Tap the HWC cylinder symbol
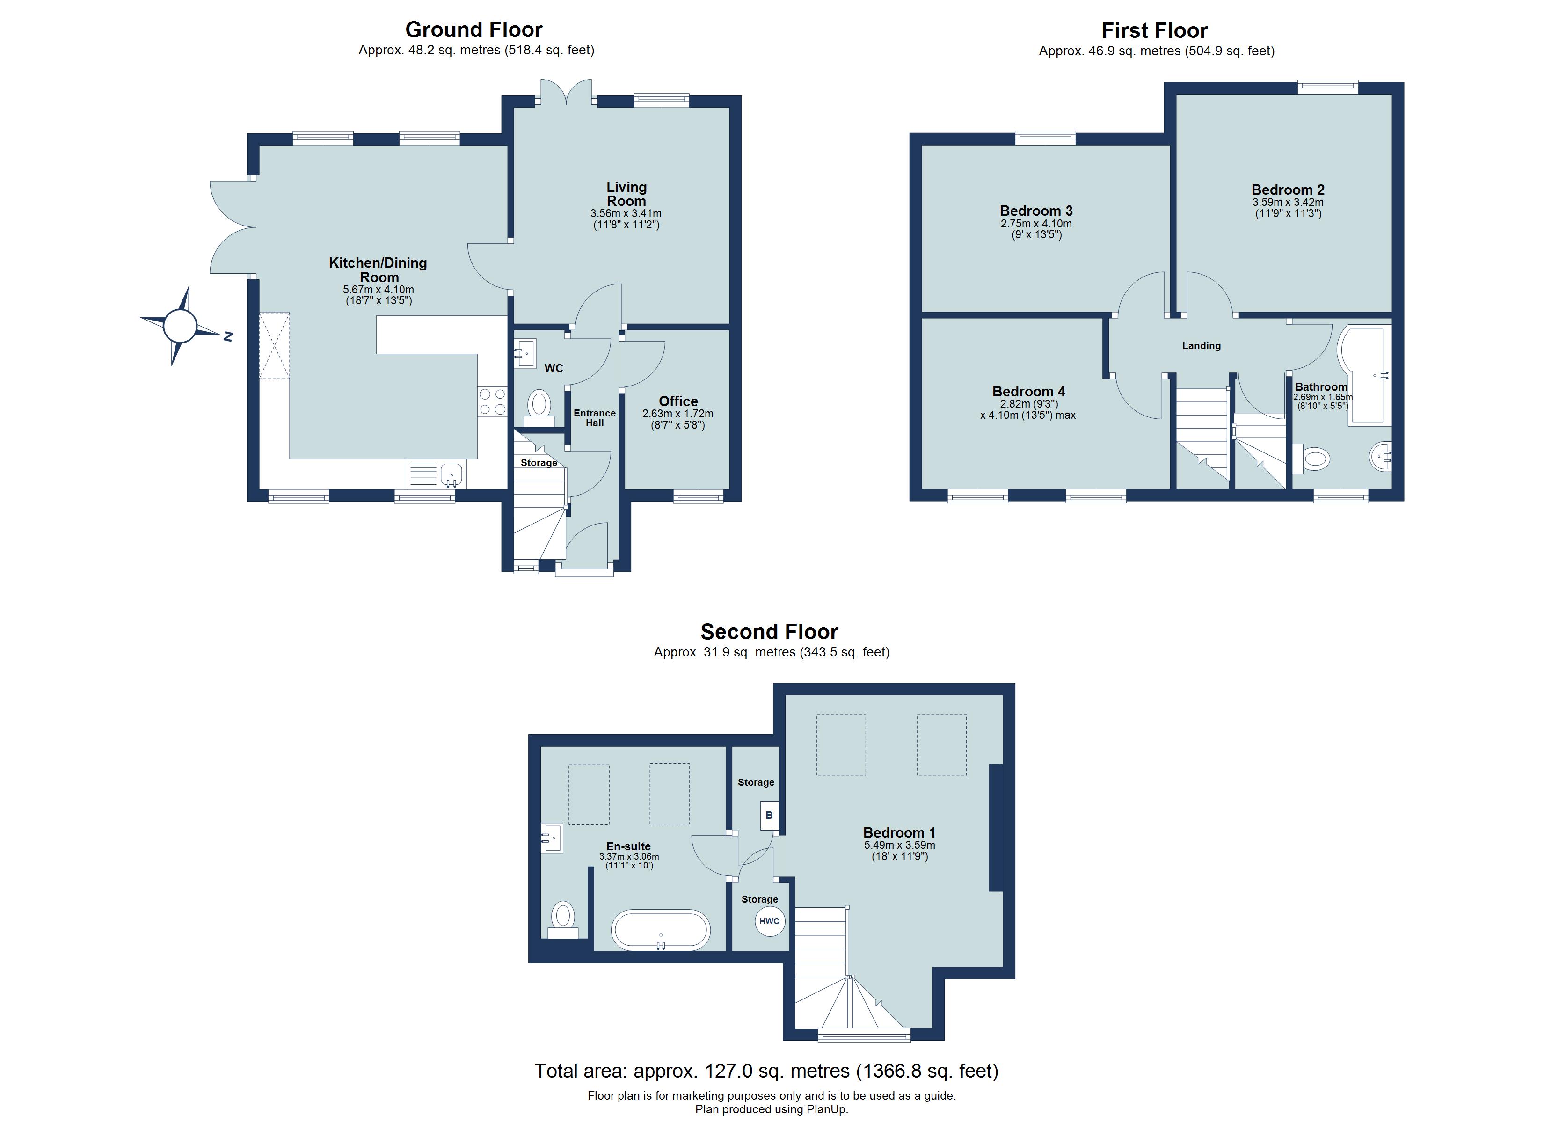point(769,921)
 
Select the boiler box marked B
point(769,815)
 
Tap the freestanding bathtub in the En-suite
point(660,930)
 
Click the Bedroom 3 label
point(1036,211)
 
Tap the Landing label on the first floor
point(1201,346)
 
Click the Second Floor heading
point(769,632)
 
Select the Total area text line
point(766,1071)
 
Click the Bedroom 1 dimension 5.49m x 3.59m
point(899,845)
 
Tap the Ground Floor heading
point(474,30)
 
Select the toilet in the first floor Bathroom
point(1311,459)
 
